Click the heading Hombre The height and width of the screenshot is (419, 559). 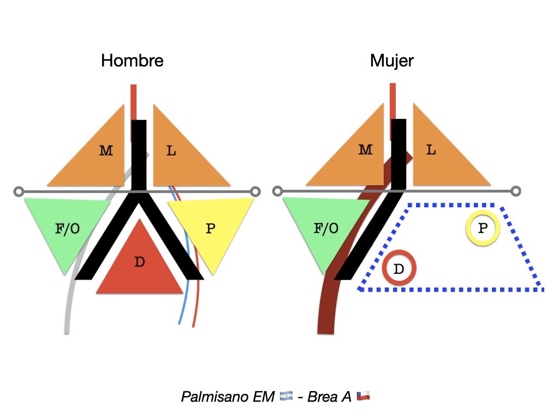132,61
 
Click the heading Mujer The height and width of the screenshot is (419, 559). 392,61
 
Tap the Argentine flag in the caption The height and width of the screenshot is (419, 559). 286,396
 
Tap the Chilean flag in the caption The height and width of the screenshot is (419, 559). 363,396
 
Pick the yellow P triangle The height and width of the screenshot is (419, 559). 211,228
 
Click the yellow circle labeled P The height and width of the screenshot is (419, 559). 483,228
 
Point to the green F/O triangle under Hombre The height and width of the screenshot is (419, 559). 67,228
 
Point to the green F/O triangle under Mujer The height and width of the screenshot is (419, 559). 326,228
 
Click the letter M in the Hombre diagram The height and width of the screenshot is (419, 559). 106,151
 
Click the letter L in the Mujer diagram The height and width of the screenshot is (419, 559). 431,149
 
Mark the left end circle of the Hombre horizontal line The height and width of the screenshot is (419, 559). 19,191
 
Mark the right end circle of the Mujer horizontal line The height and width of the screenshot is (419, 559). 515,191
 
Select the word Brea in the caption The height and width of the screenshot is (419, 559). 322,397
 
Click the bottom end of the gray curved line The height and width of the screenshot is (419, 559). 67,332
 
